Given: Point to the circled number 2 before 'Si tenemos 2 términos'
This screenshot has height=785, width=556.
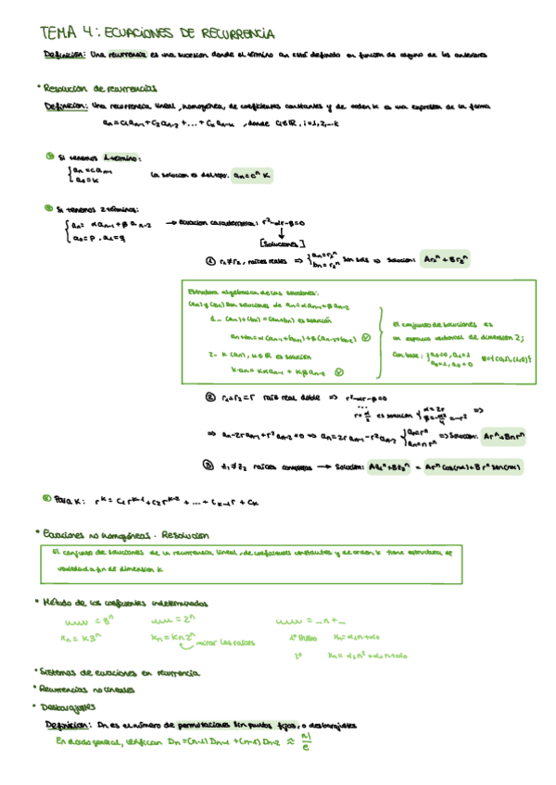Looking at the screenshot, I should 48,207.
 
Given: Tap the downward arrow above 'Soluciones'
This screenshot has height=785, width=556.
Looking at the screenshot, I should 279,232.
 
